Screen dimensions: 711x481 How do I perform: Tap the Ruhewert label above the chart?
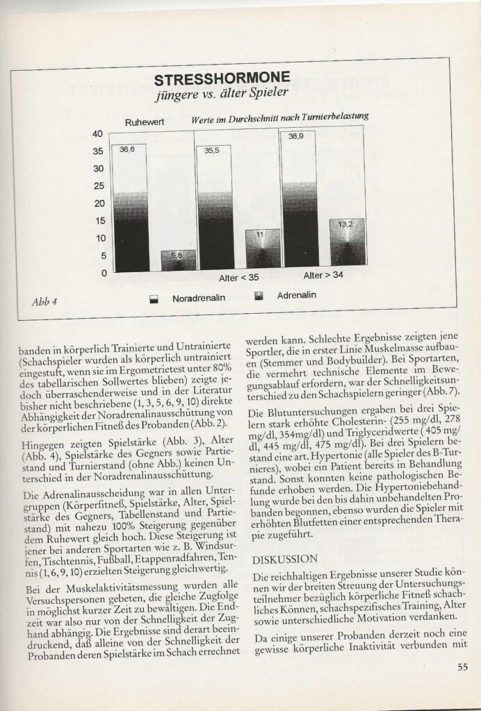click(144, 122)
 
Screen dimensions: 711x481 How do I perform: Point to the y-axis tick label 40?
click(97, 133)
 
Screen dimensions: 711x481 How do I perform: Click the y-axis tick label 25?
click(97, 186)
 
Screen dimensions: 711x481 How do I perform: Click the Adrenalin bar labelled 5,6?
click(177, 260)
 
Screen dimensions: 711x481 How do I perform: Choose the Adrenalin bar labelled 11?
click(262, 249)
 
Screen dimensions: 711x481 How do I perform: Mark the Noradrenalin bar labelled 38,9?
click(300, 201)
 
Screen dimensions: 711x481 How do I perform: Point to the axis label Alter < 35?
click(238, 278)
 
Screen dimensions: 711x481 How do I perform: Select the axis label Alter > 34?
click(323, 276)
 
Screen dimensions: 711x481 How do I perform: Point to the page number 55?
click(462, 668)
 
